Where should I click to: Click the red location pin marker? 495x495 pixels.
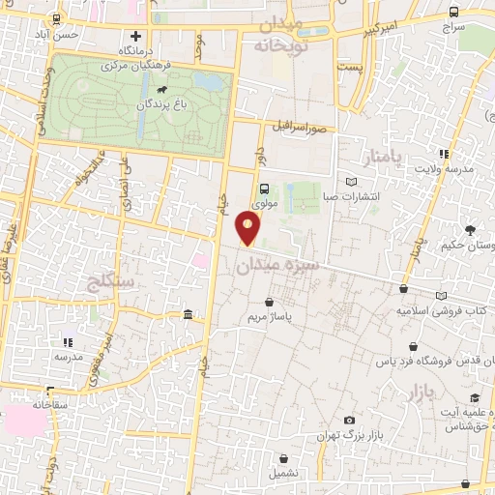point(248,227)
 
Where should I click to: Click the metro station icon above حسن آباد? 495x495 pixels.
point(56,18)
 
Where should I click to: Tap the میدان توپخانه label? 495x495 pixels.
point(281,34)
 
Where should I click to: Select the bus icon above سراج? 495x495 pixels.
point(454,13)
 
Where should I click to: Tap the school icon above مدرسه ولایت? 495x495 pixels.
point(444,153)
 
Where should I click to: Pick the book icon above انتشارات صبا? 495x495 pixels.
point(351,182)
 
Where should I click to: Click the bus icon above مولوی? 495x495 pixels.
point(264,189)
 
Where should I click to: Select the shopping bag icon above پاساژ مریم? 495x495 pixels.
point(268,303)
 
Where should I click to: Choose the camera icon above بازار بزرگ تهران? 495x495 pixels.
point(349,421)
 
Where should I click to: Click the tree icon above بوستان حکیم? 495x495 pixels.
point(470,229)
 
